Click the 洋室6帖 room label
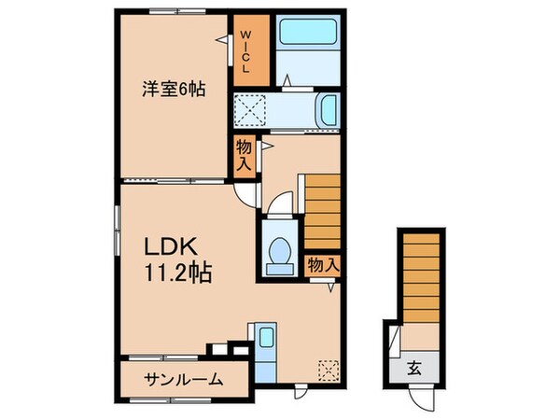pos(174,91)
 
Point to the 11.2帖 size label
pos(177,274)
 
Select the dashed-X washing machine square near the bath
pos(248,111)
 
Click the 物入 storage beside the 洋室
pos(244,154)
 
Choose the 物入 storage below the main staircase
pos(322,265)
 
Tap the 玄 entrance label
pos(412,366)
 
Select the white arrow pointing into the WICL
pos(222,39)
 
